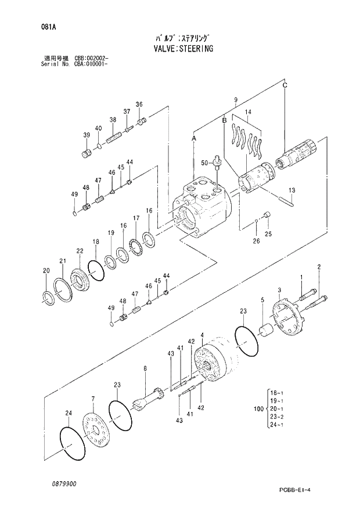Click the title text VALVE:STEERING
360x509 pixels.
[179, 49]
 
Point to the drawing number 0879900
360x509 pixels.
[63, 483]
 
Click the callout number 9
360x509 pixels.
[236, 101]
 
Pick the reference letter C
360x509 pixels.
[285, 85]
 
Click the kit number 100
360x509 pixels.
[258, 410]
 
